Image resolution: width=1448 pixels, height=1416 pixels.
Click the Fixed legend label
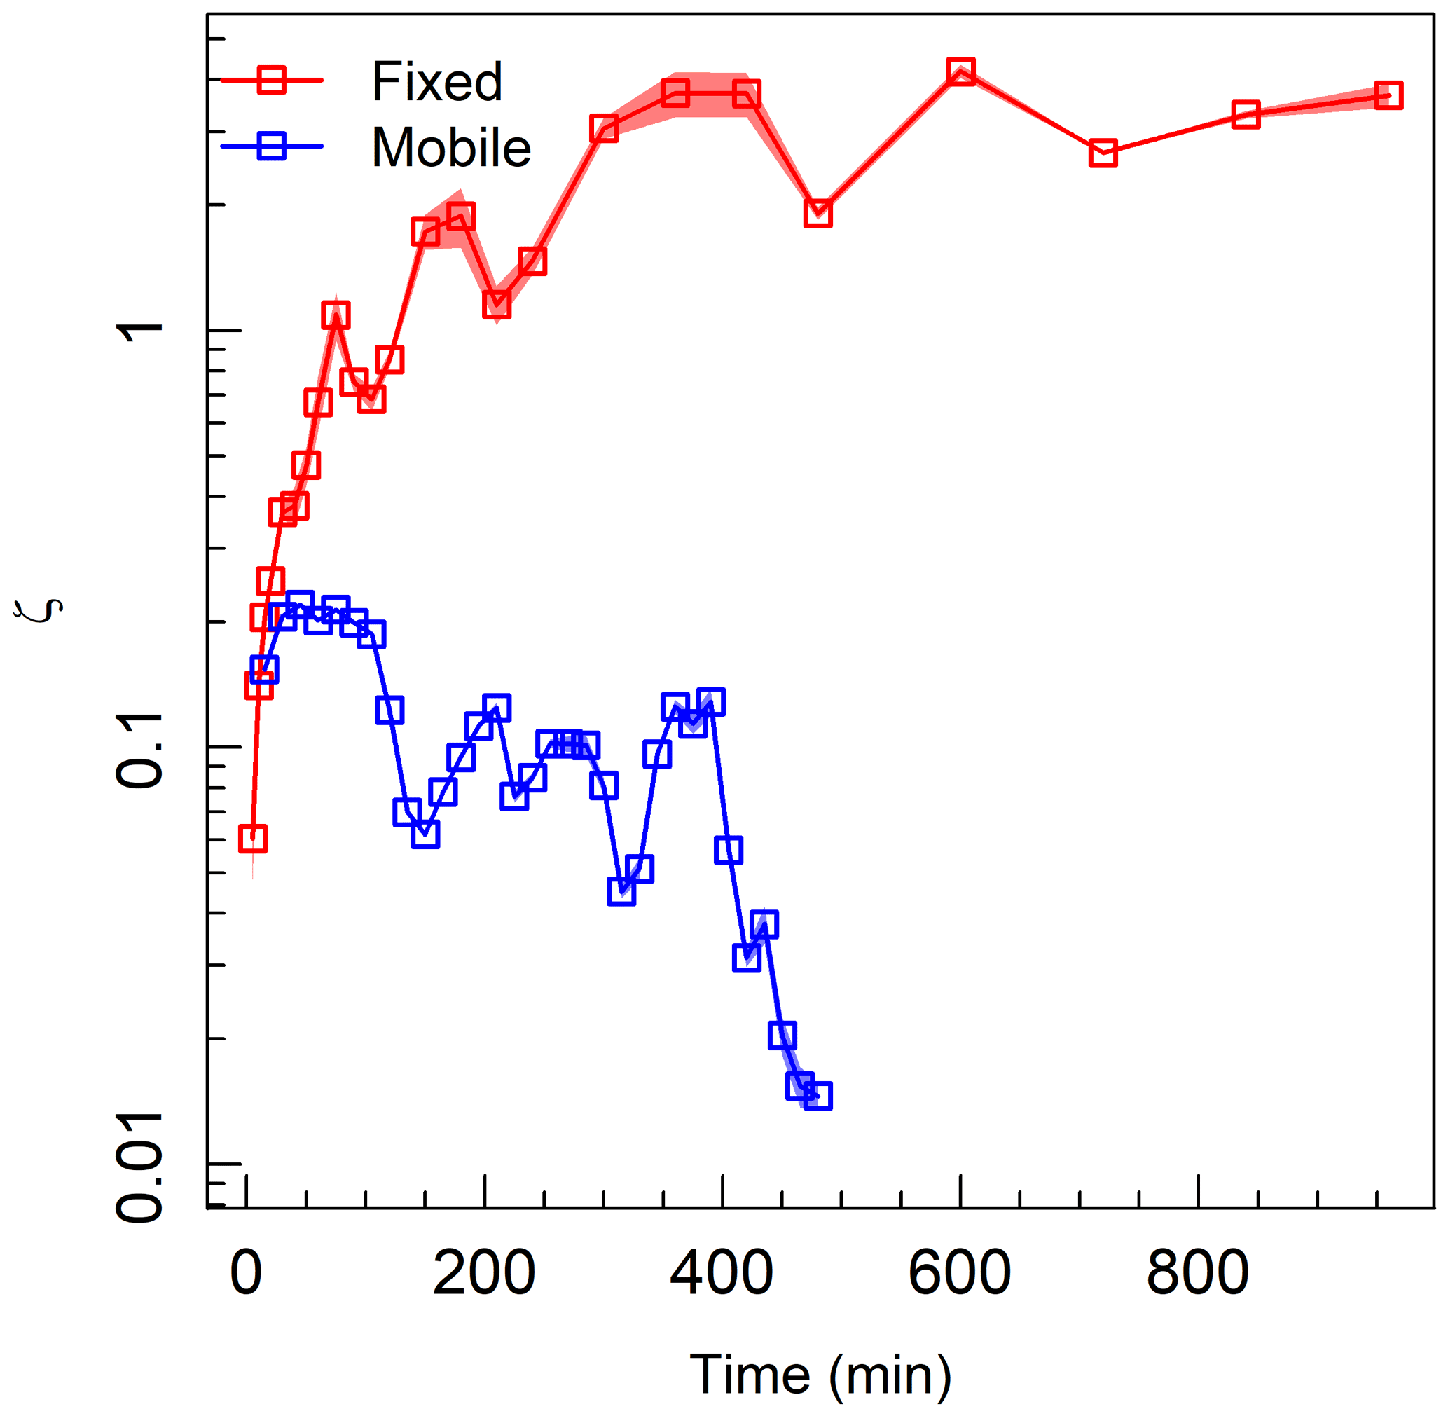[x=436, y=81]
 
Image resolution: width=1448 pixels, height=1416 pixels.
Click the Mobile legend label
[x=450, y=147]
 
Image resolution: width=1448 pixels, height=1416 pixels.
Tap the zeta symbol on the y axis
[x=39, y=610]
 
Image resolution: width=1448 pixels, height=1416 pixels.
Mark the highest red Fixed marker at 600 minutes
[x=961, y=71]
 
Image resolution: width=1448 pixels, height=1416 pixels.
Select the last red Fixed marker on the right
[x=1388, y=95]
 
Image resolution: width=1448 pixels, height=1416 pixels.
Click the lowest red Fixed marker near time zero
[x=253, y=839]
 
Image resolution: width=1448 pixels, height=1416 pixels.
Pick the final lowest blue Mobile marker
[x=818, y=1096]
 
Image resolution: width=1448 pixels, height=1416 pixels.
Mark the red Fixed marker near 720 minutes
[x=1103, y=153]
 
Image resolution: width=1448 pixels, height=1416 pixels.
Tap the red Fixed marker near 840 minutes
[x=1246, y=114]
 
